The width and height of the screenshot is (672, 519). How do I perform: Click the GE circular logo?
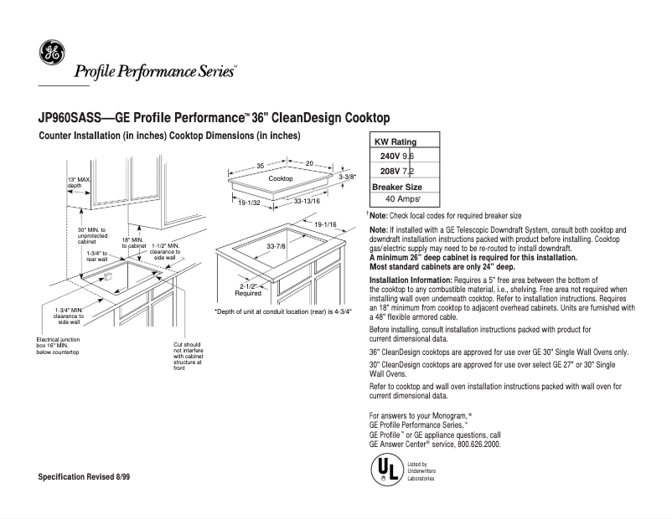click(x=51, y=53)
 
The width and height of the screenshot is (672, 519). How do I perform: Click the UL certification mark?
click(x=385, y=470)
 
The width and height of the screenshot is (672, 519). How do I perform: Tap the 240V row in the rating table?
click(x=396, y=157)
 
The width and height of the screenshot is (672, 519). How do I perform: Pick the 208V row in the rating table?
click(x=396, y=171)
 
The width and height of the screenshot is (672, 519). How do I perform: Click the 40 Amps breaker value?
click(x=402, y=199)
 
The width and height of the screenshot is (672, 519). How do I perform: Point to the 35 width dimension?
click(x=261, y=165)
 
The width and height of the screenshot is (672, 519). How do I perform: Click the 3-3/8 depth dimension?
click(x=347, y=177)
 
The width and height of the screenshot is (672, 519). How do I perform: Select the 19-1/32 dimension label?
click(x=250, y=203)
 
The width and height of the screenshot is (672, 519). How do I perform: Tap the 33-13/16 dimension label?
click(x=307, y=202)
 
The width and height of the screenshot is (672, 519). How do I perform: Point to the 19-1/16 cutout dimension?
click(x=325, y=225)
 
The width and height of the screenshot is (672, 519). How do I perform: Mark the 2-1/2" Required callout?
click(x=248, y=290)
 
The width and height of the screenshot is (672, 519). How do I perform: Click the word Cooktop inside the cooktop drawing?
click(x=281, y=179)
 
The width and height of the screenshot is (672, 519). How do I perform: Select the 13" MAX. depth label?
click(x=79, y=182)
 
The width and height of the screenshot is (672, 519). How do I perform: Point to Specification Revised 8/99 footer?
click(x=84, y=476)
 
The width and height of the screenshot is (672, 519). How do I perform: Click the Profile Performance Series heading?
click(x=155, y=71)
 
